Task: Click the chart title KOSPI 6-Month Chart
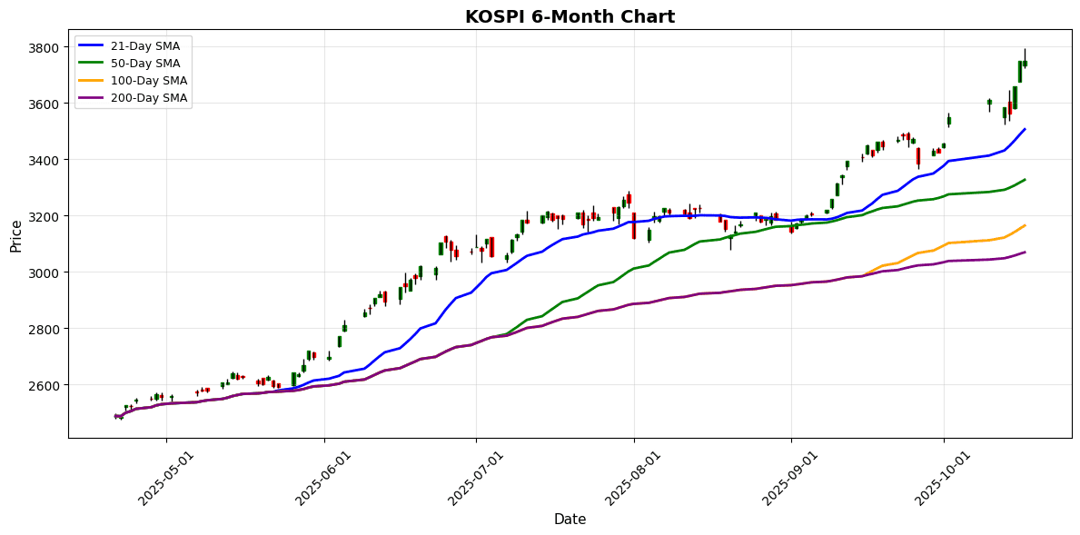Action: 570,17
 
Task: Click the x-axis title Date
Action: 570,520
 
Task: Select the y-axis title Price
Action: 16,234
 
